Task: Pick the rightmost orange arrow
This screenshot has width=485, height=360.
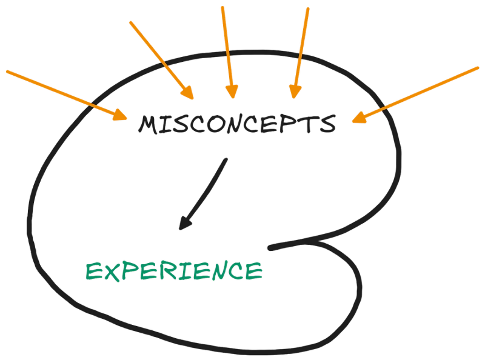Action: tap(418, 94)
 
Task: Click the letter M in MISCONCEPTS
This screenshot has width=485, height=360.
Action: tap(149, 125)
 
